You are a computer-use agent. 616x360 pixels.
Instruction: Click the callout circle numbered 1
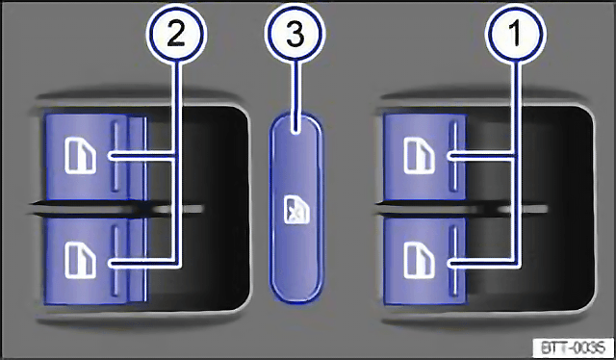click(x=515, y=34)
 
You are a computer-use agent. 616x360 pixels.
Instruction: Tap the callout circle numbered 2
click(x=176, y=34)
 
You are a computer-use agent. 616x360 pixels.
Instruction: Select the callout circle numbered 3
click(x=295, y=34)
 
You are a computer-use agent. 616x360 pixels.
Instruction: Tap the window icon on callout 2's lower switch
click(x=81, y=261)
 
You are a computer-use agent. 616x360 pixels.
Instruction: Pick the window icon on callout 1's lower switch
click(x=420, y=261)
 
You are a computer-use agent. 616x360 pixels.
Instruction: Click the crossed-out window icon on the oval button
click(x=296, y=211)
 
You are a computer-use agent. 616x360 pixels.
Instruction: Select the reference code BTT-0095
click(x=574, y=347)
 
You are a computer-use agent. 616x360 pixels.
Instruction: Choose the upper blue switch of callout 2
click(x=96, y=157)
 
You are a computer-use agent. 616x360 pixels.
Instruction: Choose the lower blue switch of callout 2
click(x=96, y=261)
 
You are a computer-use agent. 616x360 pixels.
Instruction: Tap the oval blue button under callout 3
click(x=296, y=208)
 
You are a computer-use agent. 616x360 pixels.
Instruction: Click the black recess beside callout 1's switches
click(x=528, y=208)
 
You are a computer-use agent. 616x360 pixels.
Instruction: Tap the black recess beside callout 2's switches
click(x=198, y=208)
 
